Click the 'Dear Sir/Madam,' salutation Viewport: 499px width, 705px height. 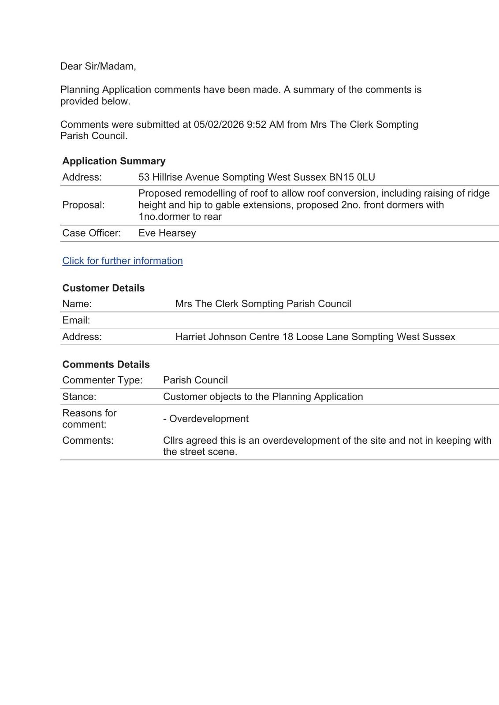tap(98, 66)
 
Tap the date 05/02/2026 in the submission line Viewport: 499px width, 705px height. tap(219, 124)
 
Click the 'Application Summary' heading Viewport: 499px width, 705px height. tap(114, 161)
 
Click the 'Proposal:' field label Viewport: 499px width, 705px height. tap(83, 205)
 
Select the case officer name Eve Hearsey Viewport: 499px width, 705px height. tap(167, 233)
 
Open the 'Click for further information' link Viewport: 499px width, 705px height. tap(123, 261)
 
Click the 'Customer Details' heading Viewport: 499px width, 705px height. tap(103, 288)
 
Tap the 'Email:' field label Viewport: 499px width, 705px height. tap(76, 320)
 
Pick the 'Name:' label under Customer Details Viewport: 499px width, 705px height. tap(77, 304)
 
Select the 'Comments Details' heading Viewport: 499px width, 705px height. tap(106, 364)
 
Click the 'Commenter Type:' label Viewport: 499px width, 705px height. tap(102, 380)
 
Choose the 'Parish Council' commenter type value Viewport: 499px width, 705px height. tap(195, 380)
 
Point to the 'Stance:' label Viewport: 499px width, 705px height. tap(79, 397)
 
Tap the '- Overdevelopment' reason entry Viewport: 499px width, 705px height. tap(206, 419)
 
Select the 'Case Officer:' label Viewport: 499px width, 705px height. tap(91, 233)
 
